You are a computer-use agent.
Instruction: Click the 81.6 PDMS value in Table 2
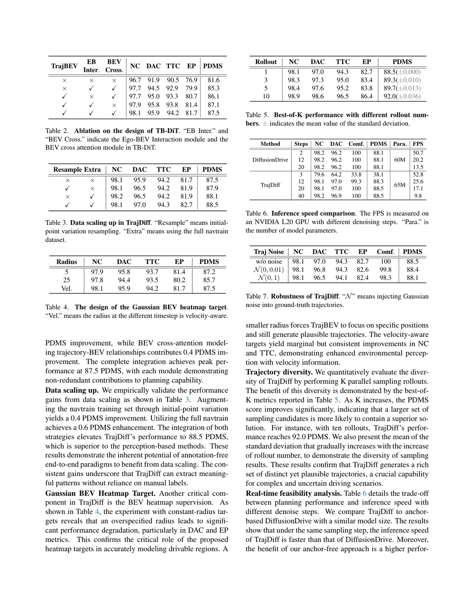tap(213, 80)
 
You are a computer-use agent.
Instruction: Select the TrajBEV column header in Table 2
tap(64, 66)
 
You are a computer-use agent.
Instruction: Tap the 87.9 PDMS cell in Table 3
tap(212, 188)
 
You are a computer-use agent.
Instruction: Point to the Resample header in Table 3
tap(67, 170)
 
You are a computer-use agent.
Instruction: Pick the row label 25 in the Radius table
tap(67, 280)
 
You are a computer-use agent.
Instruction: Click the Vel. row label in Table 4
tap(67, 289)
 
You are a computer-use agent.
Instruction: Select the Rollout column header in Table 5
tap(266, 62)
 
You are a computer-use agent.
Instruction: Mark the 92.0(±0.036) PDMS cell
tap(402, 97)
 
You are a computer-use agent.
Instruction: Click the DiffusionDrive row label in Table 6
tap(270, 160)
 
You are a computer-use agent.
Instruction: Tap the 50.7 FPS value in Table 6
tap(418, 153)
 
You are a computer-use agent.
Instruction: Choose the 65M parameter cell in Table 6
tap(399, 185)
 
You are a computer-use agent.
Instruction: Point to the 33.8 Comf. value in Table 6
tap(356, 174)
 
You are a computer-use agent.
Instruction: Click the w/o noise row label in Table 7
tap(269, 261)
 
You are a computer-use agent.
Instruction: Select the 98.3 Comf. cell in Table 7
tap(385, 278)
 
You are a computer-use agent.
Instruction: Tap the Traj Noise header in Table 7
tap(269, 252)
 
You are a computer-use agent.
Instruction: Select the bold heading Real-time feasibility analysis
tap(293, 493)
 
